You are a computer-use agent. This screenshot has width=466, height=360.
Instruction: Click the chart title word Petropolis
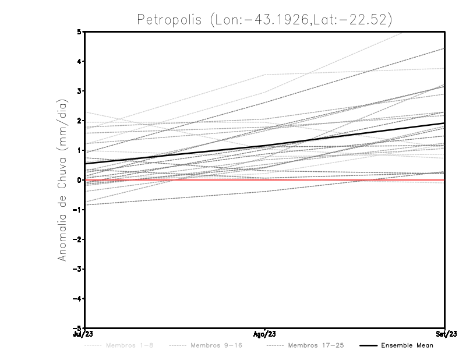169,19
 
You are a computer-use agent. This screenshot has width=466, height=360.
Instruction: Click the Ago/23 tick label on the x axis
265,334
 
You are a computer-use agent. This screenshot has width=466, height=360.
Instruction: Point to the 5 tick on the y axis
79,31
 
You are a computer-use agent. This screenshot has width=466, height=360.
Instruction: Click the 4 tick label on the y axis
79,61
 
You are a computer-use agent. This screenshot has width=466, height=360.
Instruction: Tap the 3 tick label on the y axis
79,91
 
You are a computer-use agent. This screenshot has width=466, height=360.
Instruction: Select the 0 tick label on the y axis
79,180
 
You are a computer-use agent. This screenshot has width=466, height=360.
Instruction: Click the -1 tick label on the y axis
77,210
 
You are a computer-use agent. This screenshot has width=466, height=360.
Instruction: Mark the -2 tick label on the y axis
77,239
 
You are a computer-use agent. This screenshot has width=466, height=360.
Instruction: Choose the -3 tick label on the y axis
77,269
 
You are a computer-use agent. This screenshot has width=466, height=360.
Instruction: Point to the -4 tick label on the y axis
77,298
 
